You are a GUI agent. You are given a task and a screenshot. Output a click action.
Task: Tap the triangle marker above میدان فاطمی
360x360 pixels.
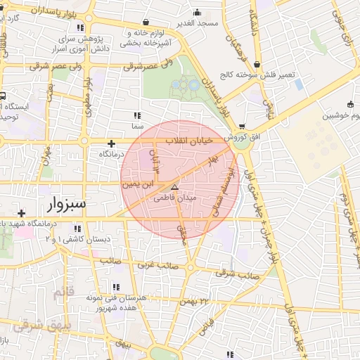[175, 187]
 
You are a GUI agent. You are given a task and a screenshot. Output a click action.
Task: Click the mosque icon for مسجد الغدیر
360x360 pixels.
[196, 12]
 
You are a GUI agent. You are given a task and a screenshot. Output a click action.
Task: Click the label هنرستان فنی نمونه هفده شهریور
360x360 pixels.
[116, 303]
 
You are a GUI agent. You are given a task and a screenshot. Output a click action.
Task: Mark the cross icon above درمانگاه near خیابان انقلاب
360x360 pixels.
[111, 143]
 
